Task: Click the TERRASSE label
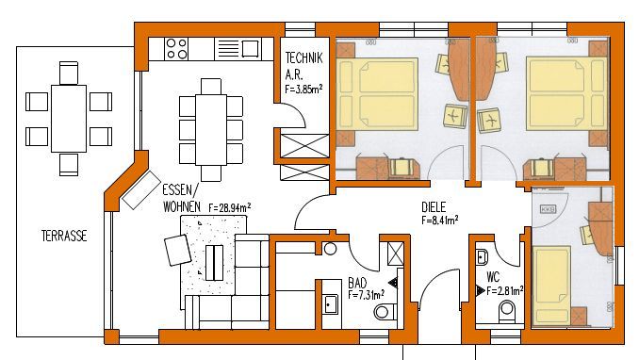click(x=64, y=236)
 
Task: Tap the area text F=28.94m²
click(x=230, y=207)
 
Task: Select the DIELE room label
click(x=434, y=207)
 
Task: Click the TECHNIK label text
click(x=304, y=57)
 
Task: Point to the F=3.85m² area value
click(x=304, y=89)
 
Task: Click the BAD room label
click(x=357, y=283)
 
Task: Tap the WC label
click(x=493, y=278)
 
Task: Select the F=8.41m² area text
click(x=440, y=221)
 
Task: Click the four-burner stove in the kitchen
click(x=176, y=48)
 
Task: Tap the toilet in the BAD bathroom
click(x=385, y=312)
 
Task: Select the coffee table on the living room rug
click(x=214, y=263)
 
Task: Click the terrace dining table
click(x=69, y=118)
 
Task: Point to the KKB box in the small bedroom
click(x=548, y=209)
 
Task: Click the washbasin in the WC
click(x=483, y=257)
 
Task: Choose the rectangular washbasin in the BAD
click(x=331, y=303)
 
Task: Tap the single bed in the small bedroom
click(x=552, y=286)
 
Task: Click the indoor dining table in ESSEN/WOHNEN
click(x=211, y=130)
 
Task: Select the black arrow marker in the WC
click(x=481, y=290)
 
